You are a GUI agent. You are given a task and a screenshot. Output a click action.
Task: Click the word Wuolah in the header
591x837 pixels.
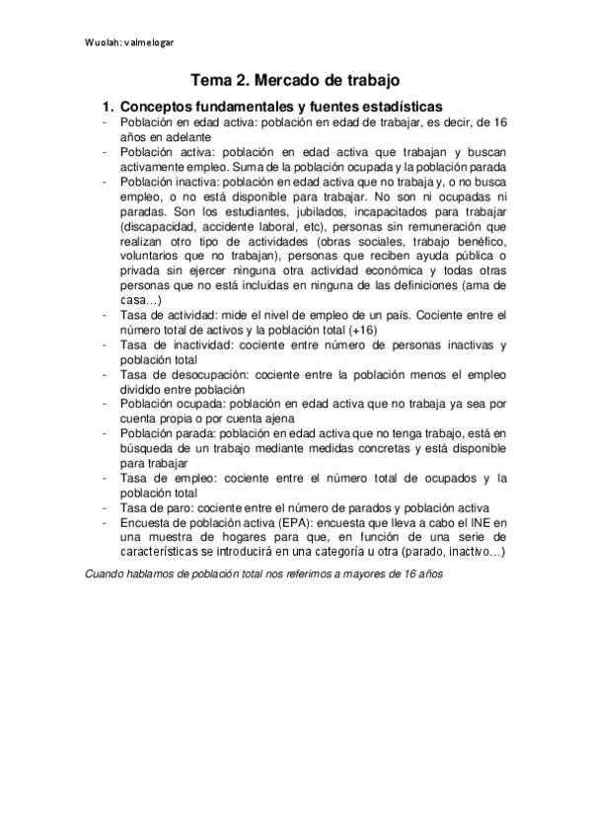103,41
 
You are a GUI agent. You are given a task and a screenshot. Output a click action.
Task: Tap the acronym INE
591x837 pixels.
476,522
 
